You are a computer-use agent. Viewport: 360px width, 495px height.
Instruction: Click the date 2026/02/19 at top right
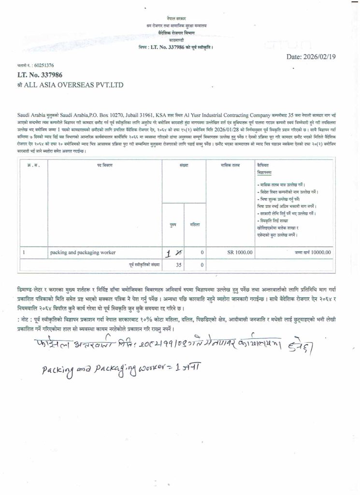(315, 57)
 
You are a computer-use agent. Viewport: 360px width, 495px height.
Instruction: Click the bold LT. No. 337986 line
(40, 75)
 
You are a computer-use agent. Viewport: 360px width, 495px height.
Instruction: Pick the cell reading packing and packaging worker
(83, 252)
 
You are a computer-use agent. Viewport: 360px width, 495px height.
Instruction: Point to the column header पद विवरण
(104, 165)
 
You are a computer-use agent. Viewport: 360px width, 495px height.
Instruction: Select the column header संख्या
(183, 165)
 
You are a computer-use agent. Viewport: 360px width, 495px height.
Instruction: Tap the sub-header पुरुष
(173, 225)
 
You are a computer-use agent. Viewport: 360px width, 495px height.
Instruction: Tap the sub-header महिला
(195, 225)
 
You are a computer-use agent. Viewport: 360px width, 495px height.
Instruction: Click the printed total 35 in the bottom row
(179, 264)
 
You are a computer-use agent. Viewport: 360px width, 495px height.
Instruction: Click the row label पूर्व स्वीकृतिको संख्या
(144, 264)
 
